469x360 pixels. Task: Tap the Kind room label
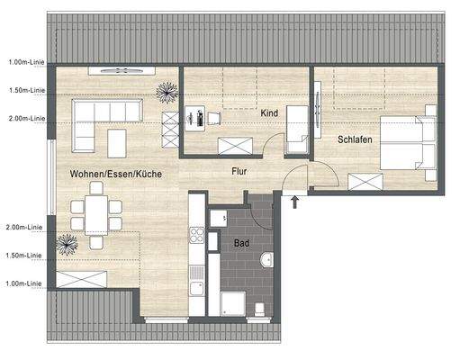(x=268, y=115)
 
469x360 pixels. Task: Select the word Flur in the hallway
(x=239, y=169)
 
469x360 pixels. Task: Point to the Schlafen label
(x=356, y=139)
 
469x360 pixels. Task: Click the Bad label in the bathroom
(x=241, y=244)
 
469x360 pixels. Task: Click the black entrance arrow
(x=294, y=200)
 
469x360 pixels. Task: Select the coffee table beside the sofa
(x=117, y=141)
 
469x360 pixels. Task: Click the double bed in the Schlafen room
(x=410, y=142)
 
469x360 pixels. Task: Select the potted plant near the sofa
(x=167, y=90)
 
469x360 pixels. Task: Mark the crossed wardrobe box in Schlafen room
(x=365, y=181)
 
